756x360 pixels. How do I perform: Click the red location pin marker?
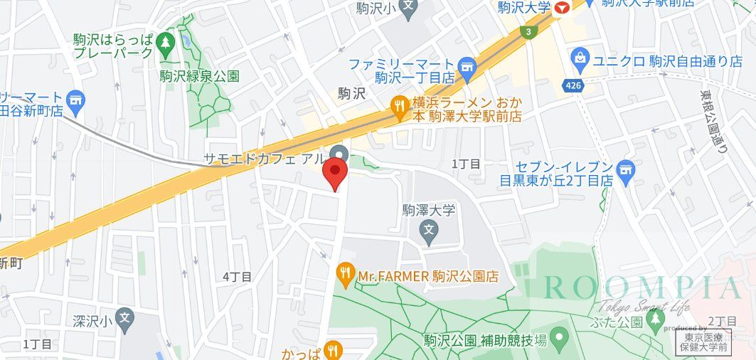pos(335,173)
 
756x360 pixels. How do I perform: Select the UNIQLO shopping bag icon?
pos(580,56)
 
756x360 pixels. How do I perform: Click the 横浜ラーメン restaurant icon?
pos(399,107)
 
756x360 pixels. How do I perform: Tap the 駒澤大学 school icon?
pos(428,229)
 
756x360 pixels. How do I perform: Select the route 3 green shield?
pos(528,32)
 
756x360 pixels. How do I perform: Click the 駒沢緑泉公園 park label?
pos(199,76)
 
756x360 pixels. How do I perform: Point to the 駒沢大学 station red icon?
pos(563,9)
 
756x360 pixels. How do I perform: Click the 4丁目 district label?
pos(237,277)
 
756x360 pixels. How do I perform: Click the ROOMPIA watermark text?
pos(643,288)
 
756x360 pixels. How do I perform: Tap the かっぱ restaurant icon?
pos(333,349)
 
